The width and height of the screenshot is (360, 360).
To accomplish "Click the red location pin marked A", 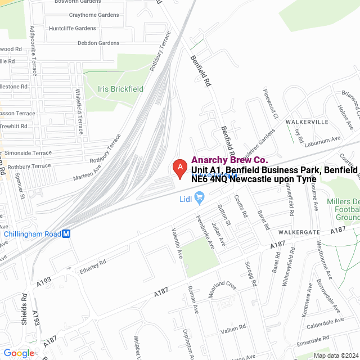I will click(179, 168).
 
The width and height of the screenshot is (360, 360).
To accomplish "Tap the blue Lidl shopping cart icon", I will click(199, 197).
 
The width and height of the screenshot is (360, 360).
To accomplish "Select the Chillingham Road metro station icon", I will click(66, 234).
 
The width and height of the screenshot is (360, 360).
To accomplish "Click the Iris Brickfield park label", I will click(120, 89).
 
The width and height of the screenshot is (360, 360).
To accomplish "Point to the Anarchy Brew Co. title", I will click(229, 160).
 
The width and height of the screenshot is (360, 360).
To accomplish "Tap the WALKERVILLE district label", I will click(307, 121).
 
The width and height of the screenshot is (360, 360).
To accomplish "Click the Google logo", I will click(18, 353).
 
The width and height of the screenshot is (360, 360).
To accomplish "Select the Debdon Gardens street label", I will click(98, 43).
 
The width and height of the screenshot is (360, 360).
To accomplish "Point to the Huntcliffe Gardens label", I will click(73, 28).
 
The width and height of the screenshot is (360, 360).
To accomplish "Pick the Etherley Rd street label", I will click(85, 262).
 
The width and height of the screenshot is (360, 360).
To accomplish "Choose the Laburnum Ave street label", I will click(327, 138).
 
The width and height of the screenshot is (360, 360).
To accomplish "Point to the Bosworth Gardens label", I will click(77, 2).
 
